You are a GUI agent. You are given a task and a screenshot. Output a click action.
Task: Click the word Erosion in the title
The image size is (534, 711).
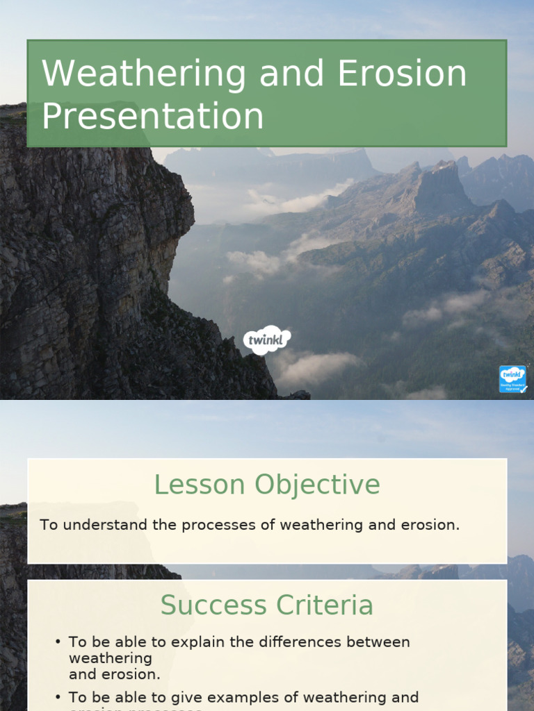(403, 74)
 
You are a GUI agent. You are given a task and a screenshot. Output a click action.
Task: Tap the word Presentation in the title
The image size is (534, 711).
(153, 117)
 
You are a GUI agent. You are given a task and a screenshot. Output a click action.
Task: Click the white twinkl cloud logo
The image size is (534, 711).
(267, 340)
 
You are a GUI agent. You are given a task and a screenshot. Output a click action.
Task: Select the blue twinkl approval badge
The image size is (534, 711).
(512, 380)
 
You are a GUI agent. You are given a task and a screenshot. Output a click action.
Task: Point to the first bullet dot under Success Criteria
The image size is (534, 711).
(58, 642)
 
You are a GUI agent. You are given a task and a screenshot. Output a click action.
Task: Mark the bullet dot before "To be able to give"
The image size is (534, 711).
(58, 697)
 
